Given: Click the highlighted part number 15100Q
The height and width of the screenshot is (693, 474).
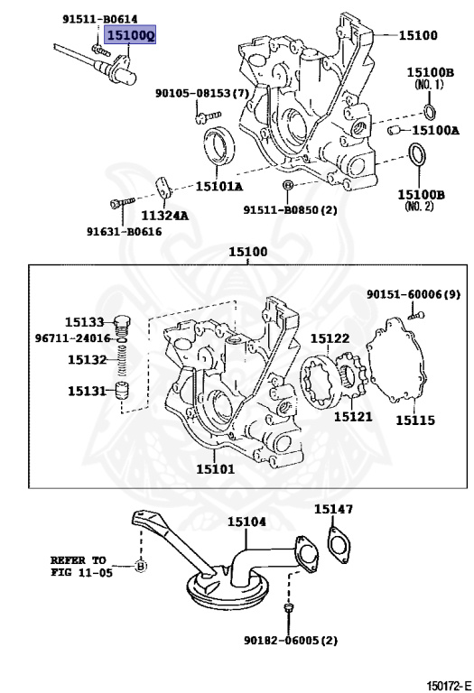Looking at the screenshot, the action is coord(129,34).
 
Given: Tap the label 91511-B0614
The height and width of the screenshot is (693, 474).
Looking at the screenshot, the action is coord(100,19).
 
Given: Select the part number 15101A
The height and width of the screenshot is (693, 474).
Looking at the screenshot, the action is coord(218,187).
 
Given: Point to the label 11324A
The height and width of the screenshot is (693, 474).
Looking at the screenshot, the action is coord(164,216).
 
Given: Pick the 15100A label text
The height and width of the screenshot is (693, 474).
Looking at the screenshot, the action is coord(435,130).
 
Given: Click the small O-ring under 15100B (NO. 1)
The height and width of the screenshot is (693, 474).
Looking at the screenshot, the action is coord(429,111).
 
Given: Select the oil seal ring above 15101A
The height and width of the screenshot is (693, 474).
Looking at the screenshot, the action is coord(218,144).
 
